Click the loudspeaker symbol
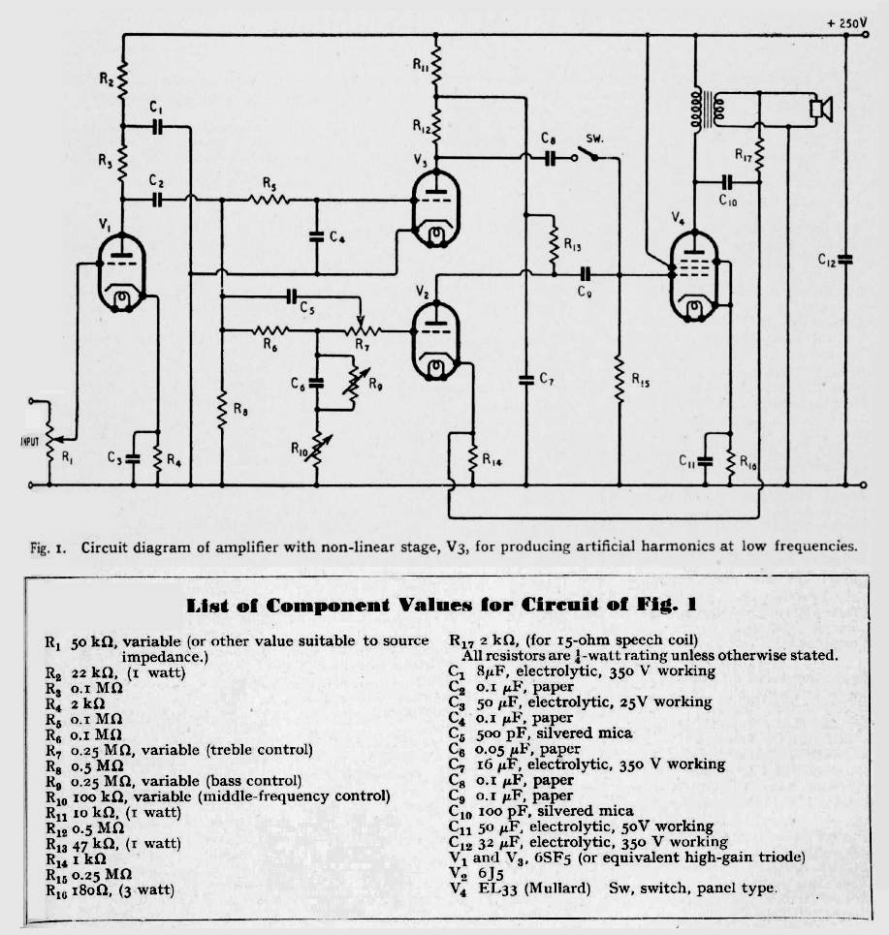point(820,109)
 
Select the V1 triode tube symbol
point(122,272)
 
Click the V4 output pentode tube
point(694,276)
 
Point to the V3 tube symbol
point(435,208)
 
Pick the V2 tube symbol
point(435,340)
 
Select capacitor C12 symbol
point(845,260)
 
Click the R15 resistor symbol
point(619,379)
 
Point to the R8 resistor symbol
point(222,410)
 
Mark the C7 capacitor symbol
point(526,379)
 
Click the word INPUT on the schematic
point(30,442)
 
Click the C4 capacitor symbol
point(317,236)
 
